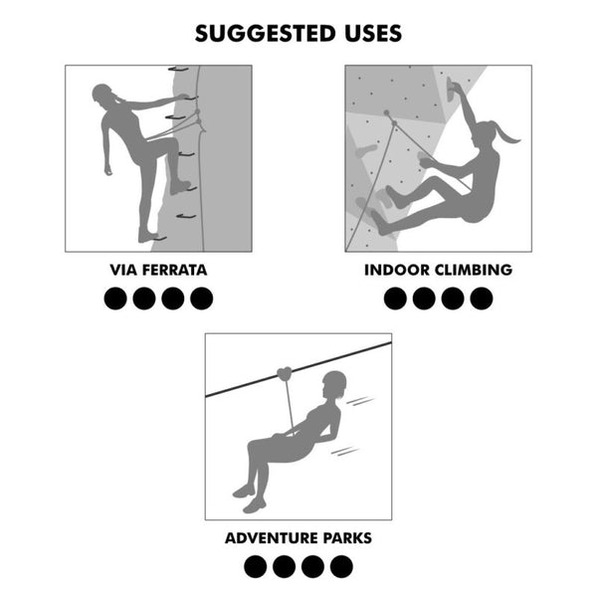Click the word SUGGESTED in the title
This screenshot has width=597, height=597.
click(x=266, y=34)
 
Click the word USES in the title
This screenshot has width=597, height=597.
click(x=373, y=34)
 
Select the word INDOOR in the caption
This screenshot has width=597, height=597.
click(x=397, y=270)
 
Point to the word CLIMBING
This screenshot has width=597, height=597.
click(x=474, y=270)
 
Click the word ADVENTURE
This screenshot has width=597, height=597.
click(x=271, y=538)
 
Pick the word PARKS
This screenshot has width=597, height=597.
click(x=347, y=538)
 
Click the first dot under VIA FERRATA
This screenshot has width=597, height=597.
click(x=115, y=298)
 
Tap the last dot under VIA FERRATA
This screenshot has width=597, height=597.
click(x=201, y=298)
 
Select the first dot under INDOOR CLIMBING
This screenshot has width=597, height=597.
click(x=395, y=298)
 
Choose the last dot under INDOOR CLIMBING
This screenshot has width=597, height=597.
click(x=482, y=298)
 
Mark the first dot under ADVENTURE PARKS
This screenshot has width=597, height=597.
click(x=255, y=566)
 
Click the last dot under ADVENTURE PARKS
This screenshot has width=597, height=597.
click(x=341, y=566)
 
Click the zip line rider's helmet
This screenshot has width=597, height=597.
click(x=334, y=381)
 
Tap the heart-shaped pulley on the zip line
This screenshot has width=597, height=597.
click(x=285, y=374)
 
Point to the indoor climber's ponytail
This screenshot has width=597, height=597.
click(x=506, y=133)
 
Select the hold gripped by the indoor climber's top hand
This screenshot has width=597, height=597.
click(x=452, y=90)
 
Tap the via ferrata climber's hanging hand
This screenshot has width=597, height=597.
click(x=108, y=169)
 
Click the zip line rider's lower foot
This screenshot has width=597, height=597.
click(x=255, y=505)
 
